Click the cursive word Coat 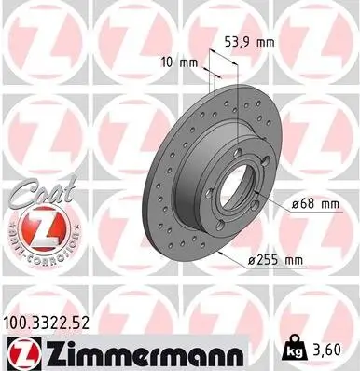(x=37, y=196)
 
